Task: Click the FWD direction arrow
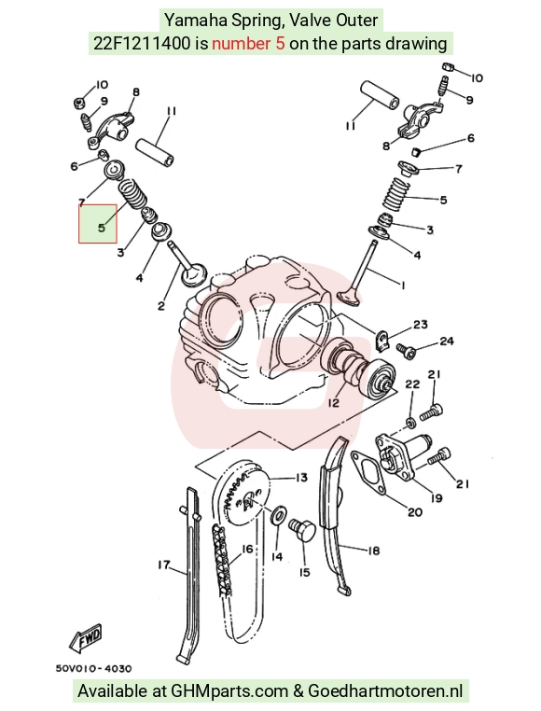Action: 86,638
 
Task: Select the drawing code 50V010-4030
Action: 94,668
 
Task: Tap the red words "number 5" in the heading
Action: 248,44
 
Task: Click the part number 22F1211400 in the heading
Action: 142,44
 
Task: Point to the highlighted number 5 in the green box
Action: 101,227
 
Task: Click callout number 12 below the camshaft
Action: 333,402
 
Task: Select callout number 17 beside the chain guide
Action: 164,565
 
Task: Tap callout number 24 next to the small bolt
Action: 447,341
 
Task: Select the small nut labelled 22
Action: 411,423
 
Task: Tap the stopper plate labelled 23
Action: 383,341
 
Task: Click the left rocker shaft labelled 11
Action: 156,152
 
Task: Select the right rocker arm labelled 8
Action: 419,119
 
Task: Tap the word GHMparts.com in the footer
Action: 229,691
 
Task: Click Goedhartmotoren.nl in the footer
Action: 385,691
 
